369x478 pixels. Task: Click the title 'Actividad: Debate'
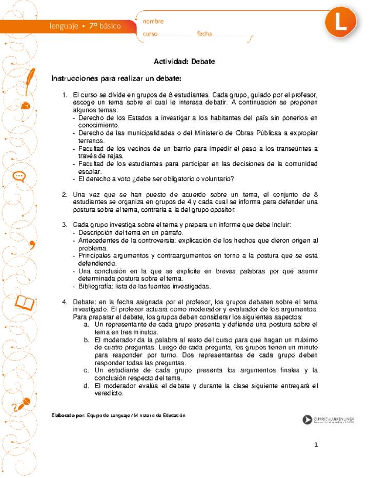click(184, 62)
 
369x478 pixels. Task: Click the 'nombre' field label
click(153, 22)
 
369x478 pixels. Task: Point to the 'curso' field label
click(150, 34)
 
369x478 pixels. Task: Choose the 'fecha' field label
click(204, 34)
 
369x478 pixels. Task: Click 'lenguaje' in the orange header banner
click(64, 26)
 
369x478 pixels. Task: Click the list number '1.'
click(65, 95)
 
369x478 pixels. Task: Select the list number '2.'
click(65, 194)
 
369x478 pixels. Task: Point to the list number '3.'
click(65, 225)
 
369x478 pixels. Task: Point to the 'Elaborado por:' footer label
click(69, 415)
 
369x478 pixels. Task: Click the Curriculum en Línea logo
click(328, 420)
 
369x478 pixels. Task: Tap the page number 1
click(317, 445)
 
